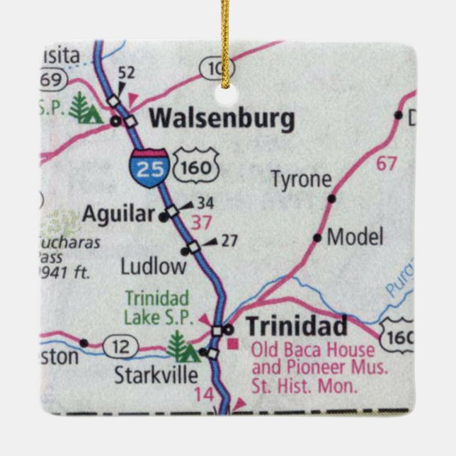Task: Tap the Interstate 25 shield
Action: click(x=148, y=168)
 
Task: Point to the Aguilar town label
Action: click(x=118, y=213)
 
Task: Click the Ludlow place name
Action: click(x=153, y=266)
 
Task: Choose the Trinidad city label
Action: click(x=296, y=327)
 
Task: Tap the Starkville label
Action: click(x=156, y=375)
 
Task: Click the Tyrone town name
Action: click(x=301, y=179)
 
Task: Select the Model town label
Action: click(x=355, y=236)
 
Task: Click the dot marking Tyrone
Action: click(x=331, y=199)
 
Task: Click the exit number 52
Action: click(x=126, y=72)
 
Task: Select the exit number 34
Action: click(x=205, y=203)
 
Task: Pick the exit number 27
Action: click(x=228, y=241)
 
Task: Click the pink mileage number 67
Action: click(x=387, y=164)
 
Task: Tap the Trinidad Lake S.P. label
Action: click(x=157, y=307)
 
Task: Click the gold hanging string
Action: click(x=226, y=35)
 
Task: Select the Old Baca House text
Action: click(x=313, y=350)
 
